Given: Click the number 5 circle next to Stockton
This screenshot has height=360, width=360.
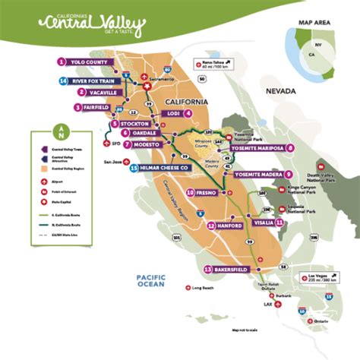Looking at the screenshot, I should pos(114,124).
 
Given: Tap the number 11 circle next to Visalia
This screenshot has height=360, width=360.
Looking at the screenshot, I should pos(280,223).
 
